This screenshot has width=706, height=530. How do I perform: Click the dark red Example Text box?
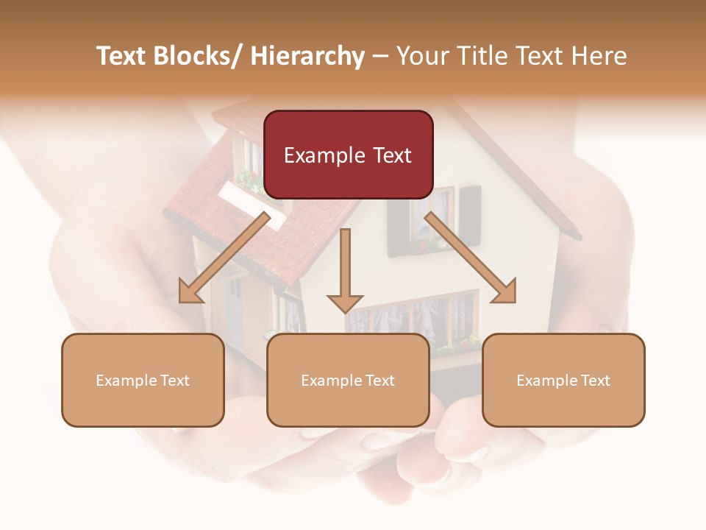[348, 155]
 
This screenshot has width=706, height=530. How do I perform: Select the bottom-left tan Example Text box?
[143, 380]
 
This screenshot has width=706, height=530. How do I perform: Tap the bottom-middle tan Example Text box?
[348, 380]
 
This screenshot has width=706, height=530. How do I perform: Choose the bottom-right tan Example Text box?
[563, 380]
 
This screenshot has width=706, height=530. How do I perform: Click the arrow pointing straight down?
[345, 269]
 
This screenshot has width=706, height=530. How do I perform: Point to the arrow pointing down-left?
[225, 258]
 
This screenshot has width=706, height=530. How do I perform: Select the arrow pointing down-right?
[471, 258]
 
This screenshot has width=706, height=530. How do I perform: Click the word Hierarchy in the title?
[307, 56]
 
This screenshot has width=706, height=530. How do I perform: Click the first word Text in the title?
[122, 56]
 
